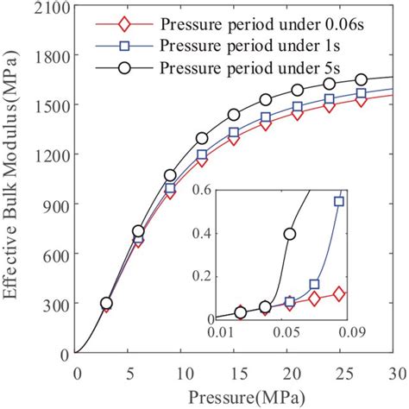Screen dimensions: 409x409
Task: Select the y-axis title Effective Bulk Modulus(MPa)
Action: coord(14,179)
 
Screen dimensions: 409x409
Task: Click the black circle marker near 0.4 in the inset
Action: coord(290,234)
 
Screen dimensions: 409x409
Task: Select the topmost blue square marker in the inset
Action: coord(339,201)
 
